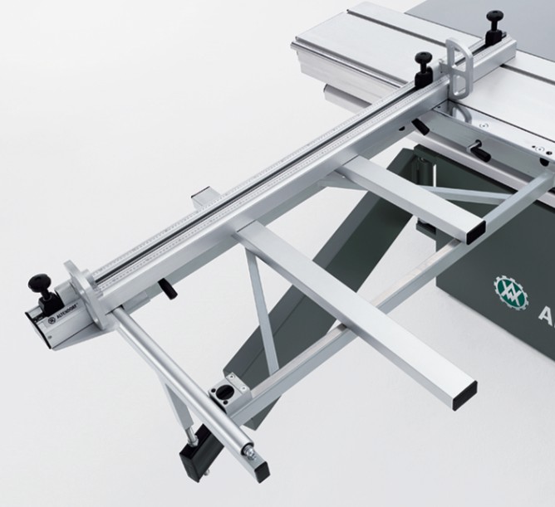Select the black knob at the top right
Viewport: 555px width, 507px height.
496,20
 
